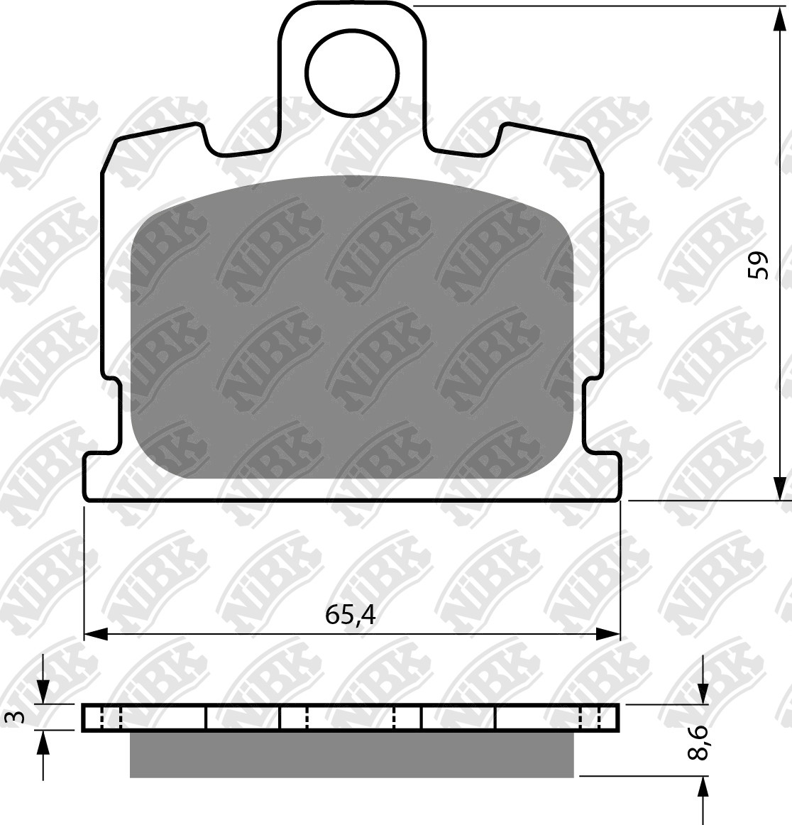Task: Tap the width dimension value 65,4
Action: point(350,615)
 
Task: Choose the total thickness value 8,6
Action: point(698,742)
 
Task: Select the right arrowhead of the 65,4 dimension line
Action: point(608,634)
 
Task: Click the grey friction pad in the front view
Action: point(353,327)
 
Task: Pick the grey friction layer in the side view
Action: point(351,754)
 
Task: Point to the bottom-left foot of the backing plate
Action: point(99,476)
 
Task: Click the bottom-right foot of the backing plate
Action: point(604,476)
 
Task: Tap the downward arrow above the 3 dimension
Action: point(44,692)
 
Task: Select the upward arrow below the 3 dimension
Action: point(44,743)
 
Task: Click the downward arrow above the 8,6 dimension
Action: point(703,692)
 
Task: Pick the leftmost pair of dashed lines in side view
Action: point(111,719)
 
